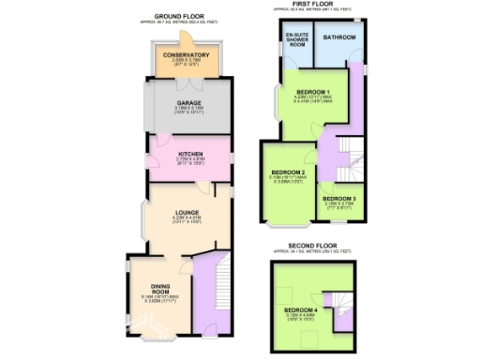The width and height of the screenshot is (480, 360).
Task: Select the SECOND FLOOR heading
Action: (312, 246)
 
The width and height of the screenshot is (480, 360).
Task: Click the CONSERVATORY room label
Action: (185, 54)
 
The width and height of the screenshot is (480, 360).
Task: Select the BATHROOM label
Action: (339, 37)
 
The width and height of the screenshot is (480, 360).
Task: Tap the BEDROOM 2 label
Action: (289, 172)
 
